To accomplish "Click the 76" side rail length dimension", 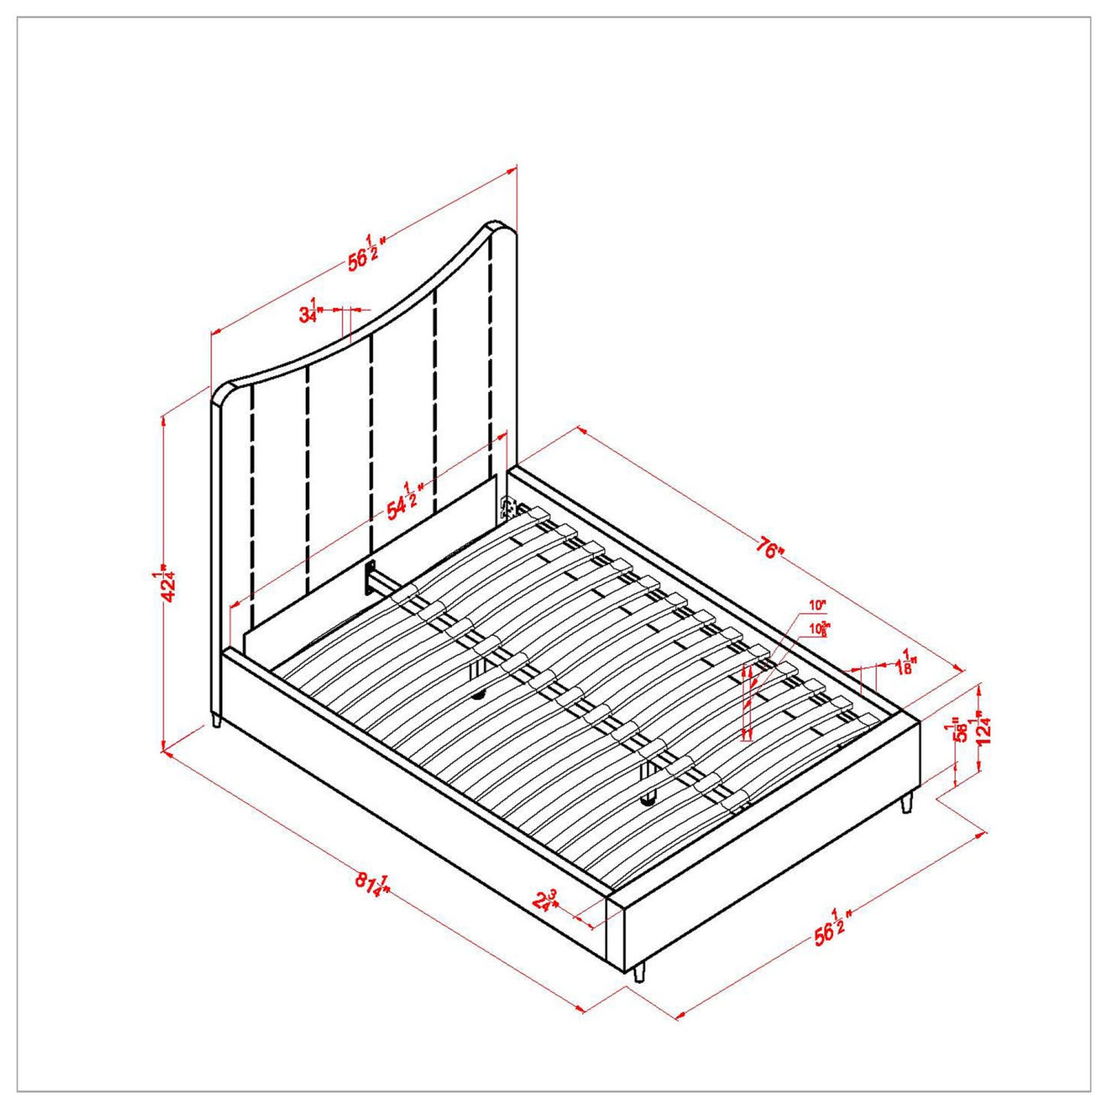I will tap(768, 549).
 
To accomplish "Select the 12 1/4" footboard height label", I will tap(982, 728).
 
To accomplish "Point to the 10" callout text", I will tap(816, 605).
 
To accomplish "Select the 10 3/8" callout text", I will tap(818, 629).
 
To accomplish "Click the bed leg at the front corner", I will tap(639, 973).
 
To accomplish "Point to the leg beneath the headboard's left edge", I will tap(216, 719).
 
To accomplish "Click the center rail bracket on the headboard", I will tap(368, 578).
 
